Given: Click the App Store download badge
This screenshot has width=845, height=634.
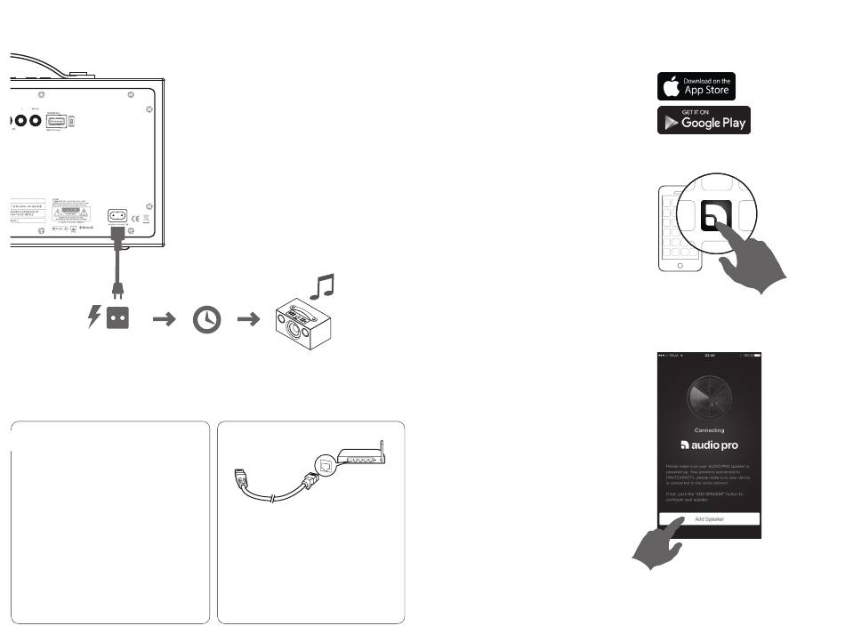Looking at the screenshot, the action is [x=696, y=86].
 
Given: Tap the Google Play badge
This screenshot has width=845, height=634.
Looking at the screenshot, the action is [x=703, y=120].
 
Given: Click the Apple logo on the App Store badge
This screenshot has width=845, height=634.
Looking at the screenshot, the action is [x=670, y=86].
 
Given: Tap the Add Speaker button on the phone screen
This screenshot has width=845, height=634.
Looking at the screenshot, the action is [x=709, y=518].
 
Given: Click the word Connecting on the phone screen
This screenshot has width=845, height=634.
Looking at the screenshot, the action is [x=709, y=428].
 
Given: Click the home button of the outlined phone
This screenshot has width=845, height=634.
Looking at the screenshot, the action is [x=680, y=266].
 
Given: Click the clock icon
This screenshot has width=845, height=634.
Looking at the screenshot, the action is [x=206, y=319].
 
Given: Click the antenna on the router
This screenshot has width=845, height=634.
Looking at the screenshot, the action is [x=382, y=447].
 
